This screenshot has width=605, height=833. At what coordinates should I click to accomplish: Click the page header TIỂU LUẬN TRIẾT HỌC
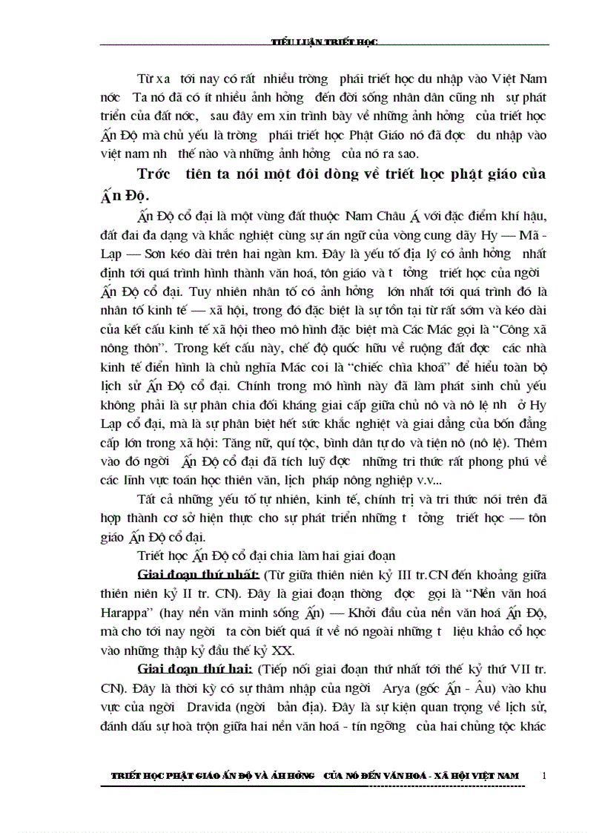(327, 42)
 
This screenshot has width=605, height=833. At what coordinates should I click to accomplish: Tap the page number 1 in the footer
(545, 776)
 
